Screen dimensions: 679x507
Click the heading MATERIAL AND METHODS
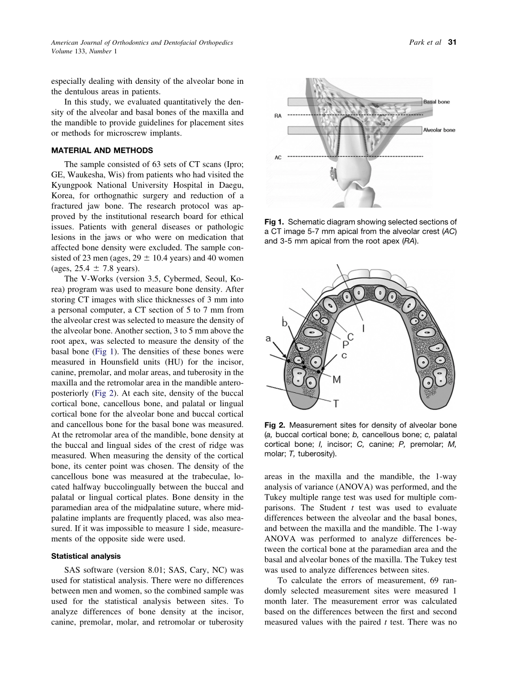102,150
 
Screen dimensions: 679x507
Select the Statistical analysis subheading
86,556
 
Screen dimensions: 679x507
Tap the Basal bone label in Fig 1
437,101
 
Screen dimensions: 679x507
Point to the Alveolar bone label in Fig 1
439,130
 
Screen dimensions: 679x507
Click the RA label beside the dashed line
278,115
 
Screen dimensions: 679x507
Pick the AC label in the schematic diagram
278,157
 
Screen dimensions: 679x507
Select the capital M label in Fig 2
336,379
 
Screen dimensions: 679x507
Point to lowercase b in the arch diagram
285,322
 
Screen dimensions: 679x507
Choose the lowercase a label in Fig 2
268,338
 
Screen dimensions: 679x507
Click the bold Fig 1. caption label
275,222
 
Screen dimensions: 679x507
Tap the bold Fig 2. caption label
275,425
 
